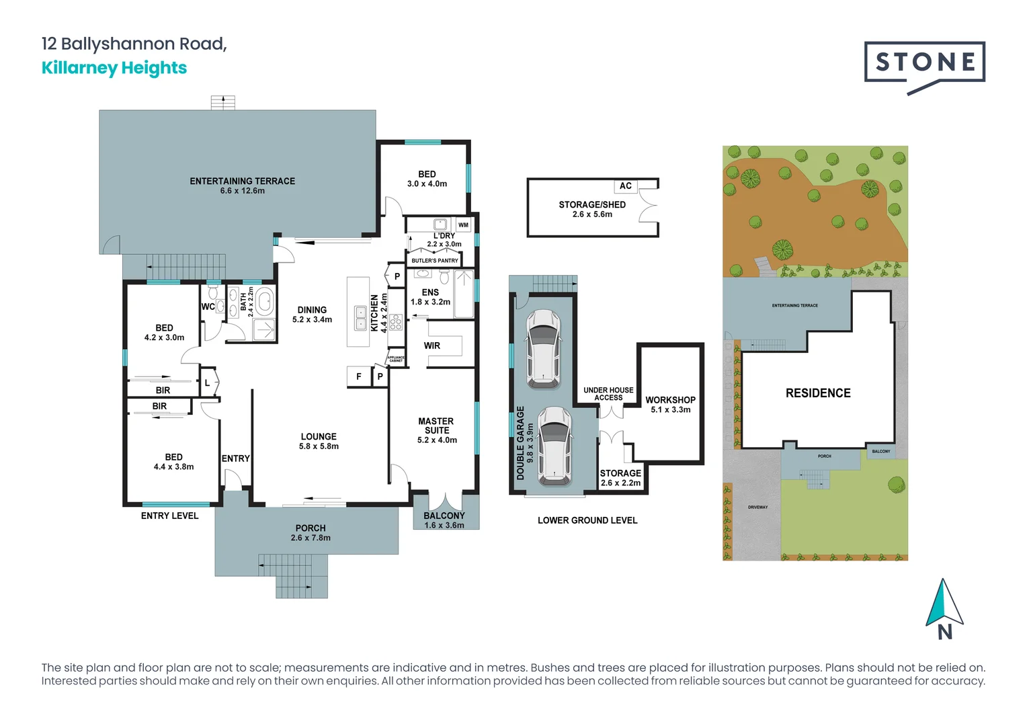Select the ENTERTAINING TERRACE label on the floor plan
[242, 182]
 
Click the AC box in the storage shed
[626, 186]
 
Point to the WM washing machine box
[463, 225]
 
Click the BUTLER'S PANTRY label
[435, 261]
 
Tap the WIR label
[432, 346]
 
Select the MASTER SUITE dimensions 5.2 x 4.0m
[437, 440]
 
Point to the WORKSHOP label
[670, 400]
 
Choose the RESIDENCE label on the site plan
[818, 393]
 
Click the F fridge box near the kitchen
[359, 376]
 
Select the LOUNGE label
[319, 436]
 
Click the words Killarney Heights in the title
[114, 68]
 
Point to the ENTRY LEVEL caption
[169, 516]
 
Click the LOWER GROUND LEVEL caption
[587, 520]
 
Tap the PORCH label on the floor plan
[311, 528]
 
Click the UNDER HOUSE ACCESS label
[608, 394]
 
